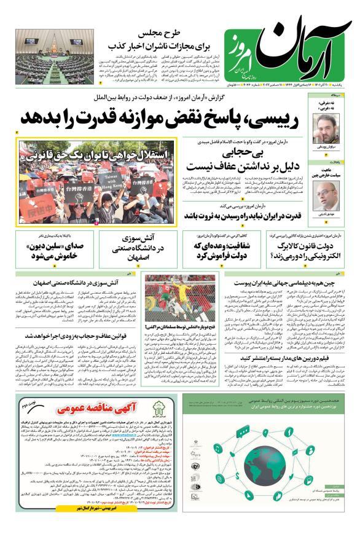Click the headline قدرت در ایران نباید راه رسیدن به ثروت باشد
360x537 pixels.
click(251, 216)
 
